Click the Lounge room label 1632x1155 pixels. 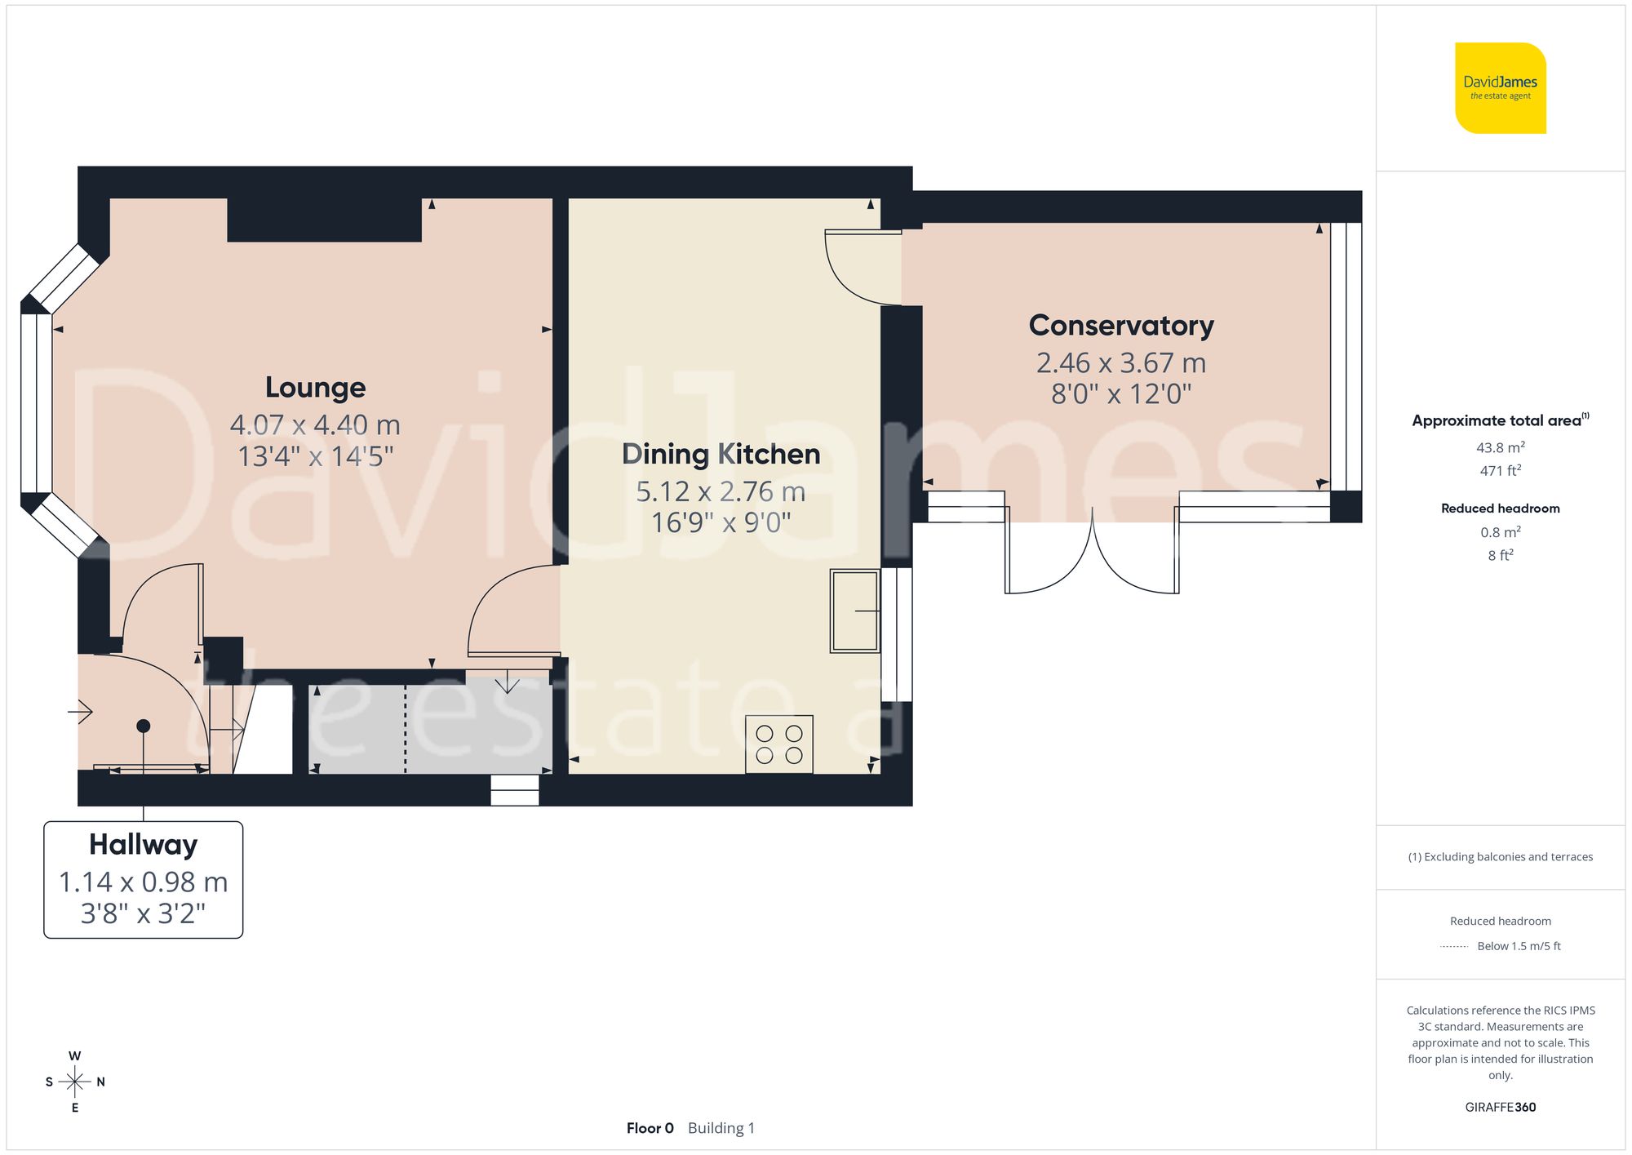pyautogui.click(x=315, y=388)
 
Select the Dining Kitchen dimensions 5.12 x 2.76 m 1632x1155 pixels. pyautogui.click(x=721, y=491)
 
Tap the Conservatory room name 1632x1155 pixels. pyautogui.click(x=1121, y=326)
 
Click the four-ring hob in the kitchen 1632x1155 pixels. pyautogui.click(x=778, y=744)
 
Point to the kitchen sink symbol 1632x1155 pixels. pyautogui.click(x=854, y=611)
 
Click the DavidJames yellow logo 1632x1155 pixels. pyautogui.click(x=1500, y=88)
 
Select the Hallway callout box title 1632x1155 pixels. pyautogui.click(x=143, y=845)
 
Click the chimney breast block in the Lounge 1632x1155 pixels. pyautogui.click(x=324, y=219)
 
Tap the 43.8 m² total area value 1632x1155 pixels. pyautogui.click(x=1500, y=447)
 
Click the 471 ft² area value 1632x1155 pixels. pyautogui.click(x=1500, y=471)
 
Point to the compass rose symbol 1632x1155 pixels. pyautogui.click(x=75, y=1082)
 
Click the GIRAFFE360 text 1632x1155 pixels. pyautogui.click(x=1500, y=1108)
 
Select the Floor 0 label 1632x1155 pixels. pyautogui.click(x=650, y=1128)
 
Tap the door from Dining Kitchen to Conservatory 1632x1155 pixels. pyautogui.click(x=857, y=265)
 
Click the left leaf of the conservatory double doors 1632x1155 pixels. pyautogui.click(x=1049, y=563)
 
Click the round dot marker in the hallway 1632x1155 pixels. pyautogui.click(x=144, y=726)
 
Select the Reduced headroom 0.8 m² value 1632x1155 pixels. pyautogui.click(x=1500, y=532)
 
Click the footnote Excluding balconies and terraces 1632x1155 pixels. pyautogui.click(x=1500, y=857)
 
